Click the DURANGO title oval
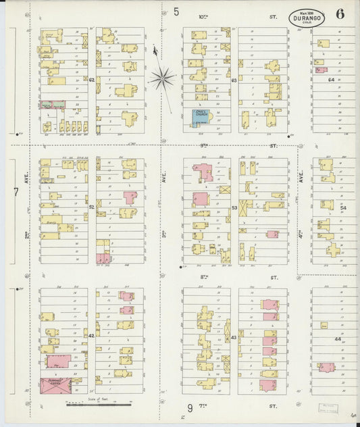tap(307, 18)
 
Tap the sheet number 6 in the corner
tap(339, 14)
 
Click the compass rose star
tap(161, 78)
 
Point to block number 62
tap(91, 79)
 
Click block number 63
tap(234, 79)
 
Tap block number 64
tap(331, 79)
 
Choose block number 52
tap(91, 207)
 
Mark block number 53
tap(234, 207)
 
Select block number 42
tap(91, 335)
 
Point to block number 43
tap(234, 336)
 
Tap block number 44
tap(329, 338)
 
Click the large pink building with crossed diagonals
tap(55, 385)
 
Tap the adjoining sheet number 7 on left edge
tap(15, 192)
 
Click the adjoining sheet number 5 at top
tap(176, 11)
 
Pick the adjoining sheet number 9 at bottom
tap(190, 407)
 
